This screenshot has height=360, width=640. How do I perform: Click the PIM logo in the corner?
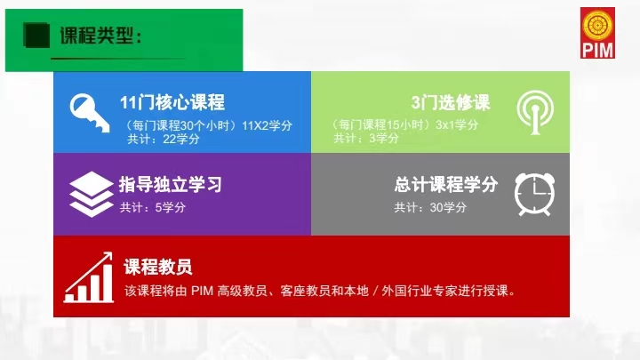(x=597, y=33)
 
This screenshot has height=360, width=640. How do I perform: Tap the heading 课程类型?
(x=100, y=36)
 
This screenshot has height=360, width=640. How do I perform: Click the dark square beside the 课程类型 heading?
(x=36, y=36)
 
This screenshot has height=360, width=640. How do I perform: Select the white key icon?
(x=90, y=113)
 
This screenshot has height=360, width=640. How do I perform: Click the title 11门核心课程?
(x=172, y=102)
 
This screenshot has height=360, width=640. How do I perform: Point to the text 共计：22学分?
(x=164, y=140)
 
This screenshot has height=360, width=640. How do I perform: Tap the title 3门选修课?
(x=451, y=102)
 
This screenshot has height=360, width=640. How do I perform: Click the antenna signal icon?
(x=535, y=112)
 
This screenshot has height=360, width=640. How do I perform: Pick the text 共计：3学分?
(x=366, y=139)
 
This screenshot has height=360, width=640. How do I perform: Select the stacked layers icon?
(x=91, y=194)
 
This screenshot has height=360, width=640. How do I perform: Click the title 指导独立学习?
(x=171, y=185)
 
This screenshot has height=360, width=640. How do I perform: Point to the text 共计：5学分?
(x=153, y=207)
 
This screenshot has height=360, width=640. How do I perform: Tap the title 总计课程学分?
(x=446, y=185)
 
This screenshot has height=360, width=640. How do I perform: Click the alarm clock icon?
(x=535, y=195)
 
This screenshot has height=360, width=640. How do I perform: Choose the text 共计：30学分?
(x=430, y=207)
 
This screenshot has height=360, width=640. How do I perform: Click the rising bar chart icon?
(x=89, y=277)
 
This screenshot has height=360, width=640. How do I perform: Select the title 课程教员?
(x=158, y=267)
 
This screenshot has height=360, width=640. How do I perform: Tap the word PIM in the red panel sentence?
(x=202, y=291)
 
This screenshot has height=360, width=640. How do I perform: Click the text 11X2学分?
(x=267, y=125)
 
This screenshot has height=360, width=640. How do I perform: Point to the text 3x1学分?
(x=457, y=124)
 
